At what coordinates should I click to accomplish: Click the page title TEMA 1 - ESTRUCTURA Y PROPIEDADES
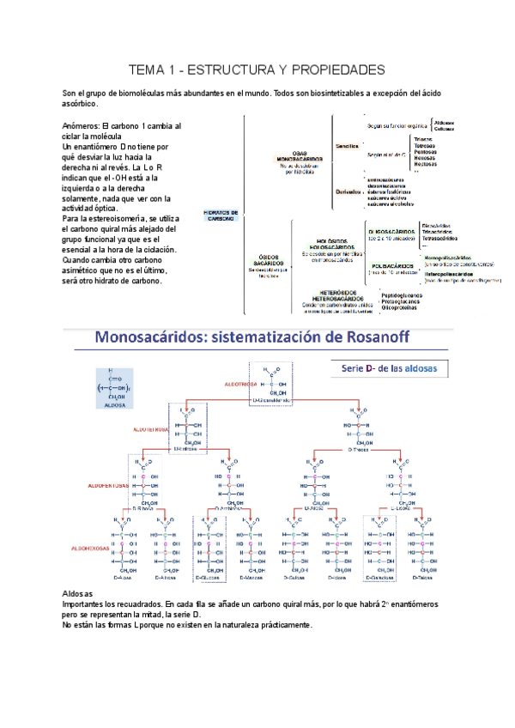(257, 69)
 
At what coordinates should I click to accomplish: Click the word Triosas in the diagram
(424, 138)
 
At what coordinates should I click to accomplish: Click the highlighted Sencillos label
(347, 146)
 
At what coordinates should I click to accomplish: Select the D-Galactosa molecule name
(378, 579)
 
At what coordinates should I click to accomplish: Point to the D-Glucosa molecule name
(210, 579)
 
